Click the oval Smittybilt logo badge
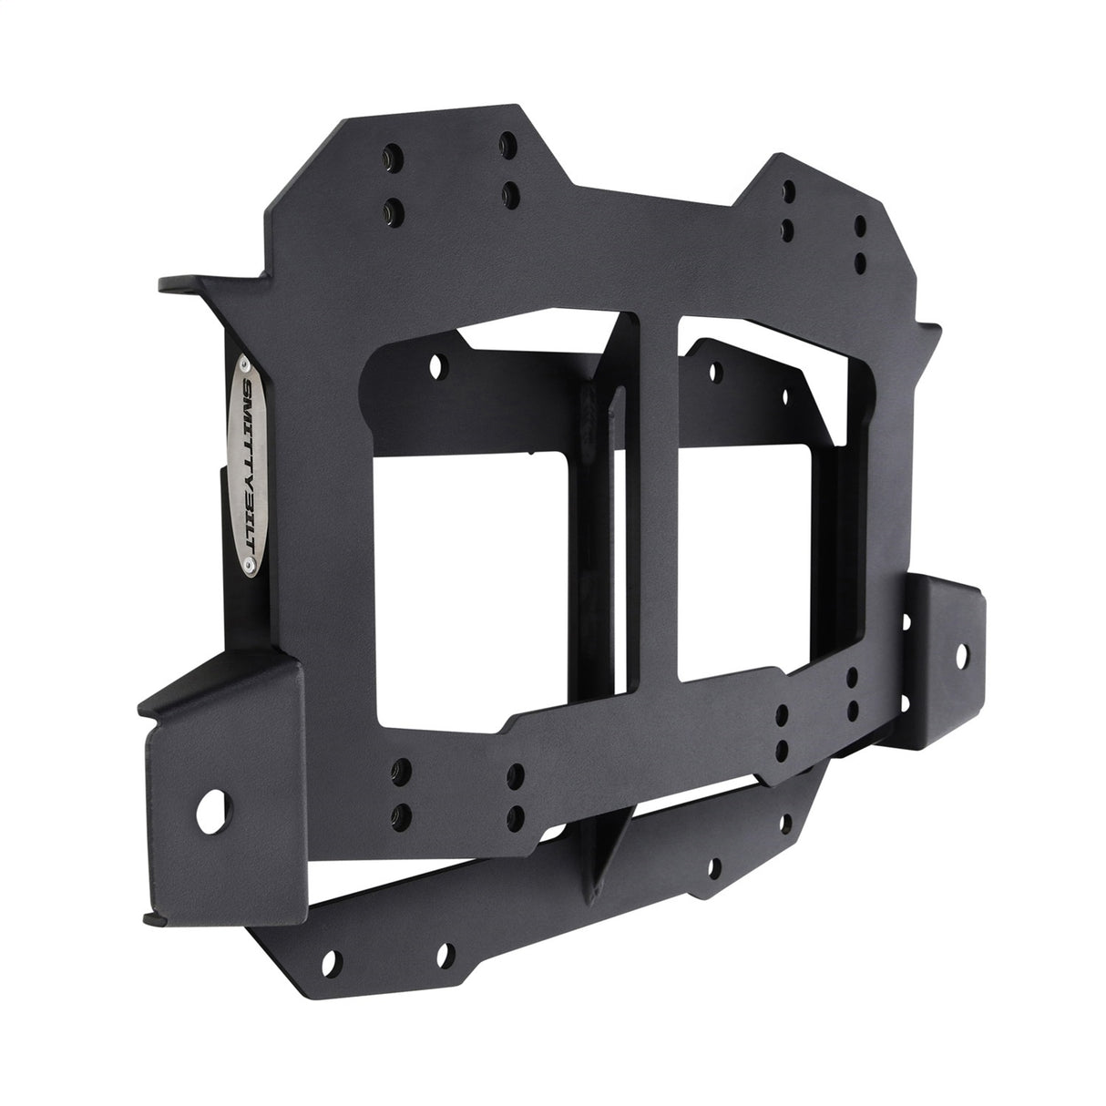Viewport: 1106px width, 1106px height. [247, 466]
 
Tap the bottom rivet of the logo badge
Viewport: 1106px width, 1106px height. [248, 567]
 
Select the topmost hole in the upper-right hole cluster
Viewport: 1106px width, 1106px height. [789, 189]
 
